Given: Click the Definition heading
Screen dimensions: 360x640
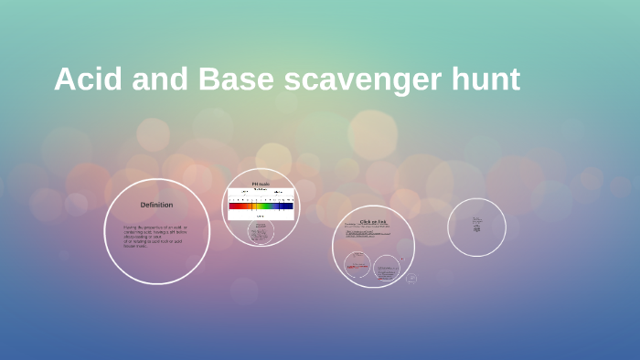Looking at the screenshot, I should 156,205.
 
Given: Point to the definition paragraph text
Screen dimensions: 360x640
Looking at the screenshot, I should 155,236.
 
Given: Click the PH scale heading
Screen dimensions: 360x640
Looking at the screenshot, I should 261,185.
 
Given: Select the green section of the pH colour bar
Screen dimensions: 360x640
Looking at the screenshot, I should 262,206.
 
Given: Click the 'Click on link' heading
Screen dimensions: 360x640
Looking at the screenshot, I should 373,221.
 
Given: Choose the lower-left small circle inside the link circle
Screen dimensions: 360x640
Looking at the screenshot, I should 357,265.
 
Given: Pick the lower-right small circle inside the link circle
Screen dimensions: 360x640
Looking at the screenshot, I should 386,268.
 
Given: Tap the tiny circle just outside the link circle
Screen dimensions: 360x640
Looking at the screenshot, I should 411,278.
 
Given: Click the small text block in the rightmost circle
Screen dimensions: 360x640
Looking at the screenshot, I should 476,225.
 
